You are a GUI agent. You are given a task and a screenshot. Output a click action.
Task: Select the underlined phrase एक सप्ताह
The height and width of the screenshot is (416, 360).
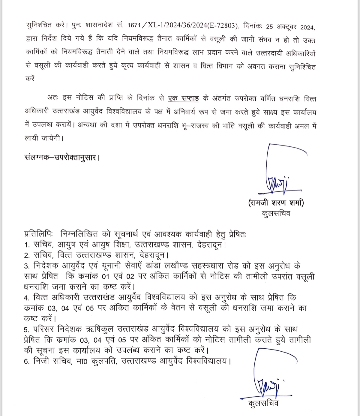(183, 98)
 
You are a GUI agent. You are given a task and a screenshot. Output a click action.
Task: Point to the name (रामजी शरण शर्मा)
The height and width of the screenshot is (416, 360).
(276, 202)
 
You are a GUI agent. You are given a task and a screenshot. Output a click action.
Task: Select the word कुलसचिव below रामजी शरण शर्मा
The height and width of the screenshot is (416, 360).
(276, 213)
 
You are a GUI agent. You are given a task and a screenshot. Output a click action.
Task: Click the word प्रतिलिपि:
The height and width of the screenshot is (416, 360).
(37, 234)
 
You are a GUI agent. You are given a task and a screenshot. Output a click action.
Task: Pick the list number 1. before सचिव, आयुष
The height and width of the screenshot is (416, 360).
(27, 245)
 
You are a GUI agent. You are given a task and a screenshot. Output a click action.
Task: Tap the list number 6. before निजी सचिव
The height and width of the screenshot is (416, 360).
(27, 361)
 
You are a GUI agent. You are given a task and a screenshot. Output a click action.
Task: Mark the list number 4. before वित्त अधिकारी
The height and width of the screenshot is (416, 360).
(27, 298)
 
